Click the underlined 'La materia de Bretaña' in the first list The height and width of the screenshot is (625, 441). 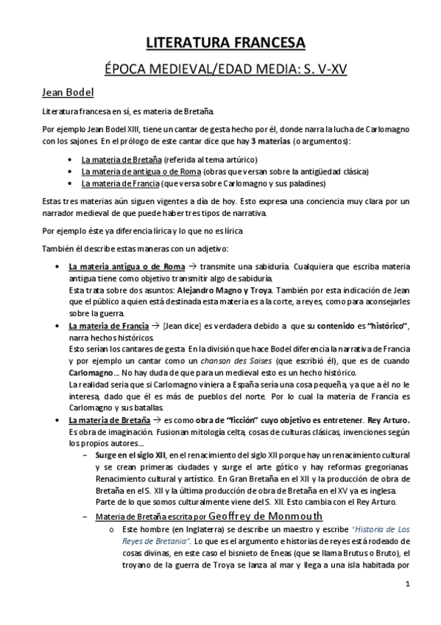pos(121,159)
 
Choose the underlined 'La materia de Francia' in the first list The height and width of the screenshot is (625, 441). pos(119,183)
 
